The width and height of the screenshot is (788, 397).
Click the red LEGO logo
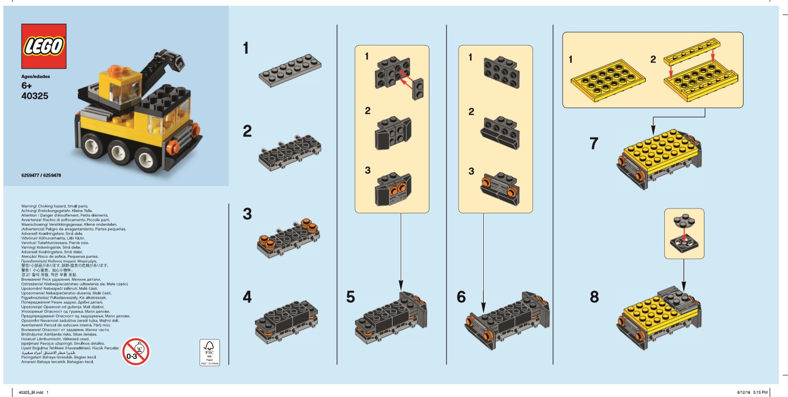pos(43,46)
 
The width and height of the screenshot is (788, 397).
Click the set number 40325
pos(34,96)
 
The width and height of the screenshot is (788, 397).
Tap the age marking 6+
pos(26,86)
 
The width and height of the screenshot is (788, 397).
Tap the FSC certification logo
pos(209,353)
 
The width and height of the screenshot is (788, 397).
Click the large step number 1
pos(245,48)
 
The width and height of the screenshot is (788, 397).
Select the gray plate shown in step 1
pos(290,71)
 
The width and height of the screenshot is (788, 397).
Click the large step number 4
pos(247,297)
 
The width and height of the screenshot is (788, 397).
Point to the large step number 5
pos(351,297)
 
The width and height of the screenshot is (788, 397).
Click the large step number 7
pos(594,144)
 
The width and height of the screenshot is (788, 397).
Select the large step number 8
pos(594,297)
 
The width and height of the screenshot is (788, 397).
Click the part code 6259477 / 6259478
pos(41,175)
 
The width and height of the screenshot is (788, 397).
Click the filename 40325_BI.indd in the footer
pos(31,392)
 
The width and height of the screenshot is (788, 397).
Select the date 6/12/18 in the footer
pos(743,392)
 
